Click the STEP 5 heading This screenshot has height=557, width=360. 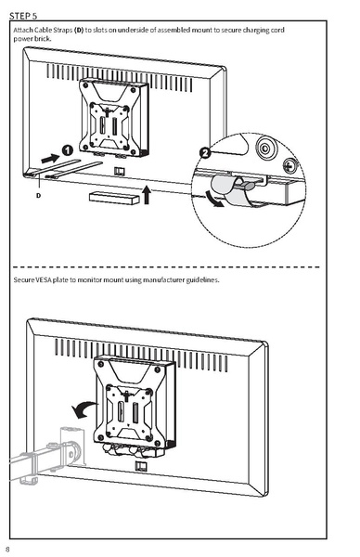click(x=24, y=16)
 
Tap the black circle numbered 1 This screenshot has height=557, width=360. click(x=68, y=149)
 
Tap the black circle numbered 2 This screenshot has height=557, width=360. click(x=205, y=151)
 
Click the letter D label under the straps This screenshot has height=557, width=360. click(x=39, y=196)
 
